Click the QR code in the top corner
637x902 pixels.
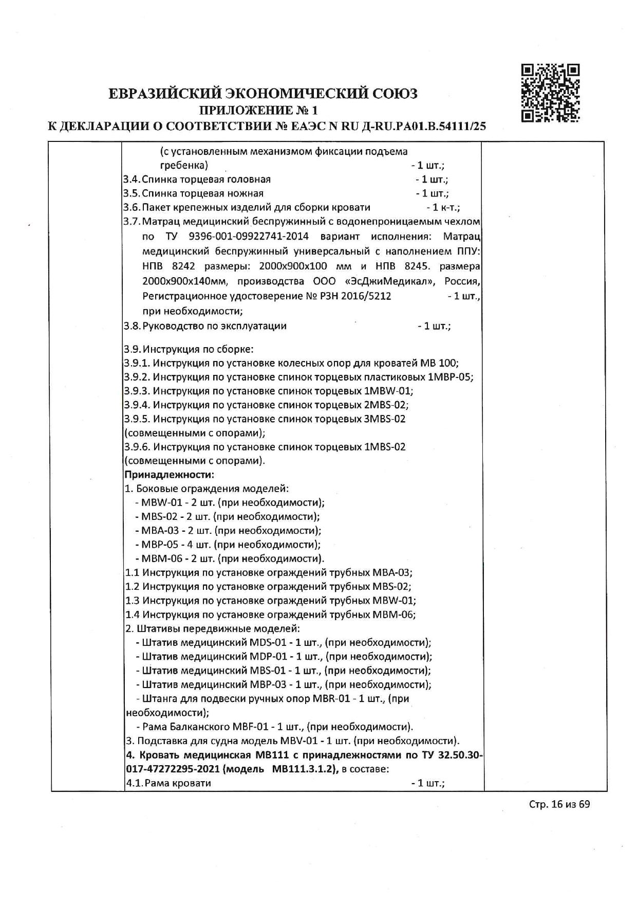550,93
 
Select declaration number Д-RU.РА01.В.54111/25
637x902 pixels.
421,126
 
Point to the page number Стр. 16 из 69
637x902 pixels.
559,818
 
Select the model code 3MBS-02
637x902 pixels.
384,419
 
